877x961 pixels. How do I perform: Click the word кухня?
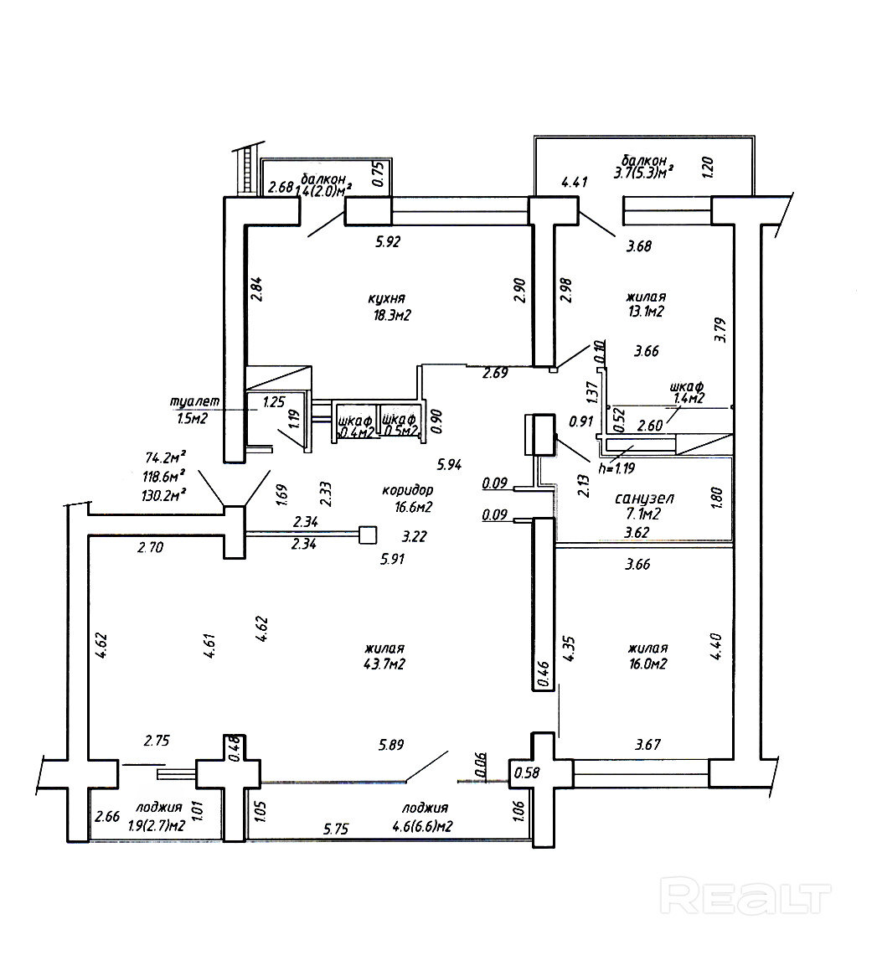point(386,298)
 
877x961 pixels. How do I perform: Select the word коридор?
point(408,490)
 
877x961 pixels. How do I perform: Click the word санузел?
point(644,499)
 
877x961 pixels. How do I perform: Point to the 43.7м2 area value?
point(384,664)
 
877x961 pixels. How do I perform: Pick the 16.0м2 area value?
point(647,664)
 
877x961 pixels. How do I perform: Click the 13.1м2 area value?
point(646,312)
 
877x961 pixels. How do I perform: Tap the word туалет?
point(194,401)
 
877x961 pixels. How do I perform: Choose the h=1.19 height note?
point(616,468)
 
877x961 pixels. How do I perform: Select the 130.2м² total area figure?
point(163,494)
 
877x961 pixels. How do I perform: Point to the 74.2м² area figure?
point(166,457)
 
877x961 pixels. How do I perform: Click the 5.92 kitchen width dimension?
point(387,242)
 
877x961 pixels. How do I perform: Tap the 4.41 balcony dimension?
point(575,182)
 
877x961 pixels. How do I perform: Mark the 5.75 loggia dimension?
point(336,829)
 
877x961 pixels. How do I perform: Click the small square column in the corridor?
point(367,535)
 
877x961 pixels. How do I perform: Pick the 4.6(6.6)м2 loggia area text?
point(422,826)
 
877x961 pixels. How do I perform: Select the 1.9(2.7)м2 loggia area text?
point(157,825)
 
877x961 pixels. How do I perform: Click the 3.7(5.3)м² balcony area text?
point(643,173)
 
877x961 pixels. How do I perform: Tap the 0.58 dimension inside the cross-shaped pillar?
point(527,772)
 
